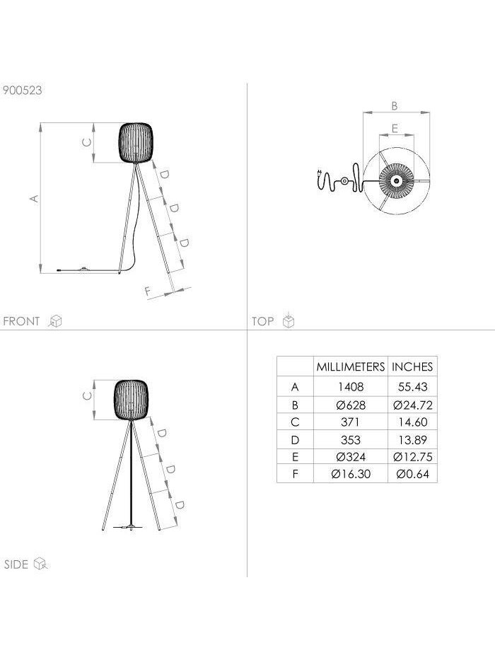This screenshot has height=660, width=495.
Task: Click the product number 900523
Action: pyautogui.click(x=23, y=90)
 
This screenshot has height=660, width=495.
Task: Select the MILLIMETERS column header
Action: pyautogui.click(x=351, y=366)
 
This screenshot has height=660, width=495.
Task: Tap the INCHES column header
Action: pyautogui.click(x=412, y=366)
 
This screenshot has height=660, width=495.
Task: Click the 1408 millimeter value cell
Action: pyautogui.click(x=351, y=386)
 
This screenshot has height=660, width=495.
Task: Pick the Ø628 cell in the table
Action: pyautogui.click(x=351, y=405)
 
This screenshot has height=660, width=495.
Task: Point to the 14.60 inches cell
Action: pyautogui.click(x=412, y=422)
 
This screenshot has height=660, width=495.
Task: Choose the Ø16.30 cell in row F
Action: pyautogui.click(x=351, y=474)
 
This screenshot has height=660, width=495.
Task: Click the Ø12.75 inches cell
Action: pyautogui.click(x=412, y=457)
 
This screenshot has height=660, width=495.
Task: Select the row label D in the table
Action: pyautogui.click(x=295, y=440)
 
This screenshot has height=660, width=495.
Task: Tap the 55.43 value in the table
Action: pyautogui.click(x=412, y=386)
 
